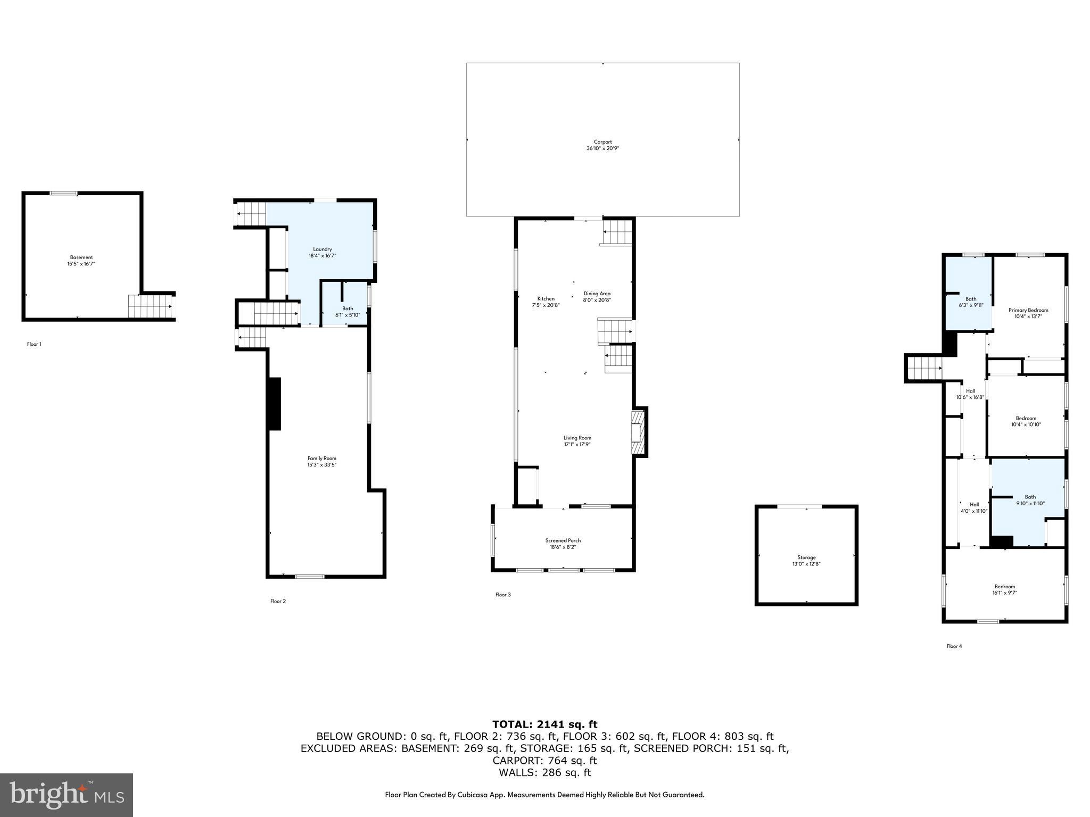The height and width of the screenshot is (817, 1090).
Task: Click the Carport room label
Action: pos(602,142)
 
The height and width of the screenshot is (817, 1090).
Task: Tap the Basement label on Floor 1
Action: pos(81,257)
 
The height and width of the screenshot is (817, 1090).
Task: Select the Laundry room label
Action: pos(323,249)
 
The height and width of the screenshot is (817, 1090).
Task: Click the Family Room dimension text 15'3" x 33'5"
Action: pos(322,465)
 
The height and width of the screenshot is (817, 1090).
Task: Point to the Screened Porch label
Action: pos(563,540)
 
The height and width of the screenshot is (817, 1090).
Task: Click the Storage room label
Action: pos(806,557)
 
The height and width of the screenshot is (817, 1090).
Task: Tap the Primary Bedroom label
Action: pos(1028,310)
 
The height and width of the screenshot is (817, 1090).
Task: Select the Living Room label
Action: pos(577,438)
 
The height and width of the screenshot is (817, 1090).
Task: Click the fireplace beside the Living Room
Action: pos(638,432)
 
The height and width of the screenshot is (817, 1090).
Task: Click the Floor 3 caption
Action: pos(503,595)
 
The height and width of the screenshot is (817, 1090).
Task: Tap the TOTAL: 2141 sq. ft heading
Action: pos(544,724)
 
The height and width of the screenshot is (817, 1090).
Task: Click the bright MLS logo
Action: pos(67,795)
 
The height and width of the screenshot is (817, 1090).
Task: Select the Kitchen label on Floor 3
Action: pos(546,299)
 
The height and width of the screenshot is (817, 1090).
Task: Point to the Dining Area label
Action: pos(597,294)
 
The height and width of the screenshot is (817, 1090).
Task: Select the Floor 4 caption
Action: pos(954,646)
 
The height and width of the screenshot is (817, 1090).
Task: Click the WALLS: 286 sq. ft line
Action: pos(544,773)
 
